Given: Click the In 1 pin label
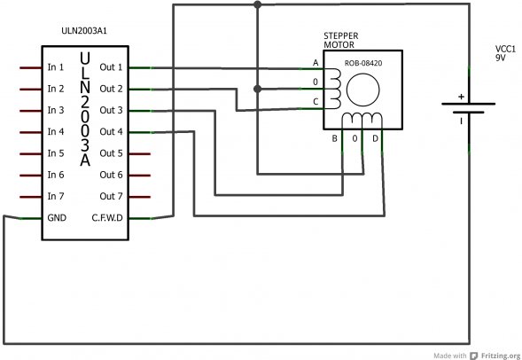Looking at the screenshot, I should click(56, 67).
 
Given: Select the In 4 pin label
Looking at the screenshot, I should click(56, 132).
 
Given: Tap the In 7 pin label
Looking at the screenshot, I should click(56, 196).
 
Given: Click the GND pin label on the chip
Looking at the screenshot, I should click(58, 217).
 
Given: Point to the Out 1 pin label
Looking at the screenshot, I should click(112, 67).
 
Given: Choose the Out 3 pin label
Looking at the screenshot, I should click(112, 111).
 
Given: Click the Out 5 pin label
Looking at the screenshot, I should click(112, 153).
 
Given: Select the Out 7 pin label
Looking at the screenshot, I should click(112, 196).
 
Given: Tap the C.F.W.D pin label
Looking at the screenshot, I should click(106, 217).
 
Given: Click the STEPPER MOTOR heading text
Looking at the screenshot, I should click(341, 40).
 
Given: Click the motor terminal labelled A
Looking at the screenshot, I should click(316, 63).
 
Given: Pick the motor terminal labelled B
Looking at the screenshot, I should click(334, 138).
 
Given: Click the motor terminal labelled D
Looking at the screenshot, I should click(375, 138).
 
